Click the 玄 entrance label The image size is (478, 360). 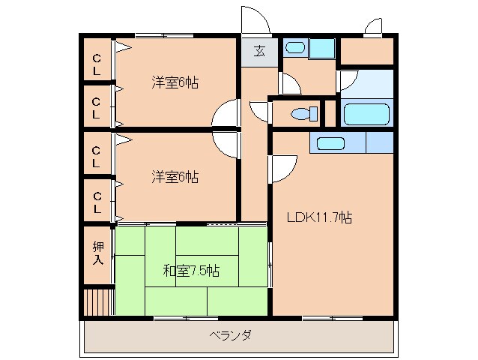[x=259, y=51]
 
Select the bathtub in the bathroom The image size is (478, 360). [x=367, y=113]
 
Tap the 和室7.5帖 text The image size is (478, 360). [x=191, y=270]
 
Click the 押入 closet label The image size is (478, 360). [x=98, y=253]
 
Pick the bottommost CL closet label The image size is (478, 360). [x=97, y=202]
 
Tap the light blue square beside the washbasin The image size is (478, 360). [x=322, y=49]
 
